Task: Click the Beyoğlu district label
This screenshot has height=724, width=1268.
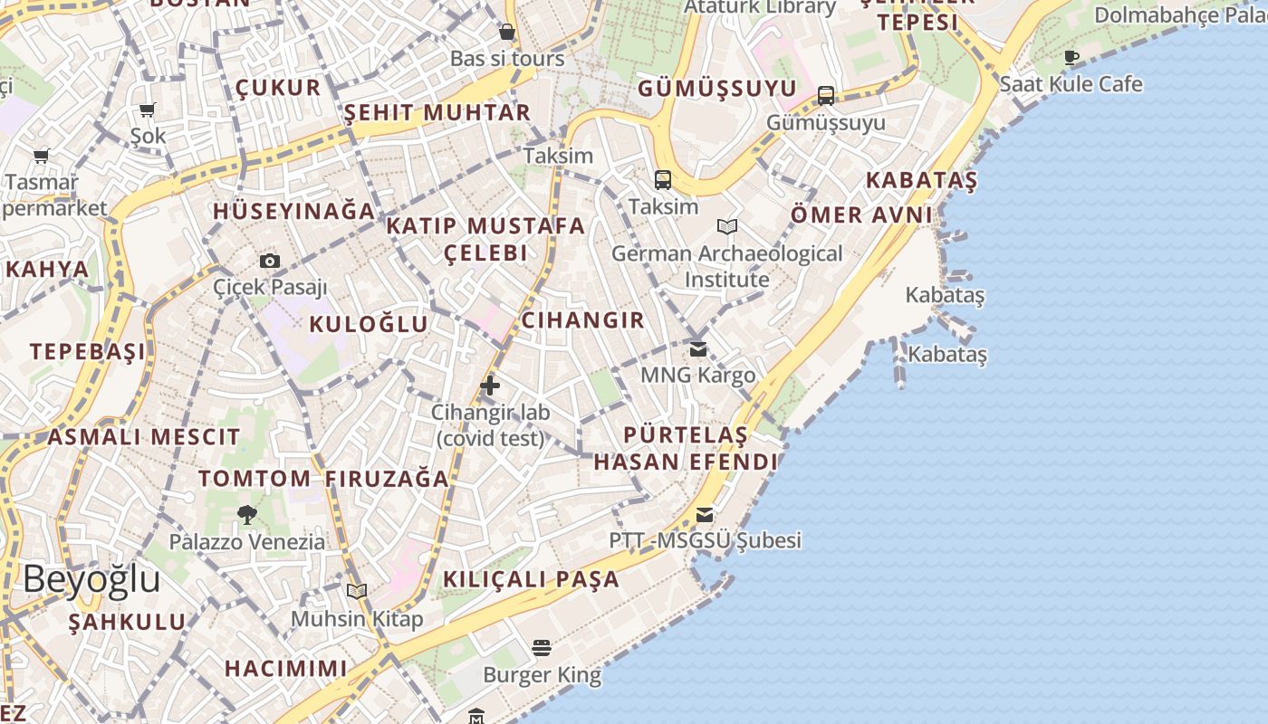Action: click(91, 579)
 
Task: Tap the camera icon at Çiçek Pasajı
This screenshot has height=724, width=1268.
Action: click(270, 262)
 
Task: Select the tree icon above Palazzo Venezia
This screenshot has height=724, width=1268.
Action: click(246, 515)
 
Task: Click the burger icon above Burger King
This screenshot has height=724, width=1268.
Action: click(542, 648)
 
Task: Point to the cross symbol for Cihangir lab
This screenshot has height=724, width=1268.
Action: click(490, 386)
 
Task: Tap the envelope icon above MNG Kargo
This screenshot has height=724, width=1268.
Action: click(697, 348)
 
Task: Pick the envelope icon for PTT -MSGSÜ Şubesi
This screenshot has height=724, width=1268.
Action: click(705, 515)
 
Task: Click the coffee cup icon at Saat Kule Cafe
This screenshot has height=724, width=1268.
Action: click(1071, 58)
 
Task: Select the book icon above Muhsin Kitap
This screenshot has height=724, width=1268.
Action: click(357, 592)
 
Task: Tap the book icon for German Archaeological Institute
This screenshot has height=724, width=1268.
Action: click(726, 226)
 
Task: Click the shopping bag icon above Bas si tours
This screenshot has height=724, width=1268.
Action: click(507, 33)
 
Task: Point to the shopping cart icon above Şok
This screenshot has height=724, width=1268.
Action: click(148, 110)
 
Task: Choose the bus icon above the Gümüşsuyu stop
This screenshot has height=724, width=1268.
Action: click(826, 95)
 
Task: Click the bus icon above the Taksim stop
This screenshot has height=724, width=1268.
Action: click(663, 180)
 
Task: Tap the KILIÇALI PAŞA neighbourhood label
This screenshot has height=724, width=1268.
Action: click(532, 579)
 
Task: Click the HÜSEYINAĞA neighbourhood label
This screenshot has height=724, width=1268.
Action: click(293, 211)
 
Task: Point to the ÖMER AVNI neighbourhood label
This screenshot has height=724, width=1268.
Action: click(861, 214)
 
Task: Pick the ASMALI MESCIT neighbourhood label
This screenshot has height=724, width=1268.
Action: click(144, 437)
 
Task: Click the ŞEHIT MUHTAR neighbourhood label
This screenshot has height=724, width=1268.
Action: click(437, 113)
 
